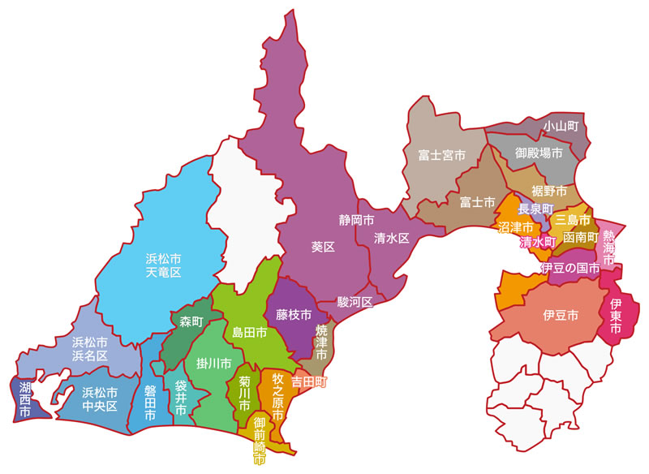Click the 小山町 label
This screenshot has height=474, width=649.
pos(561,126)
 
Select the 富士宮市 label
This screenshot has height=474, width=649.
pos(441,154)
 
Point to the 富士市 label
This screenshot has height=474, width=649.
pos(477,200)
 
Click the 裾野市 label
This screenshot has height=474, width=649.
pos(548,191)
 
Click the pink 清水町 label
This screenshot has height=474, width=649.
pos(537,242)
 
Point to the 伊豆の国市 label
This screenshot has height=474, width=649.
pos(570,268)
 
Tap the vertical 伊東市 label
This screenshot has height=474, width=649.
pos(615,317)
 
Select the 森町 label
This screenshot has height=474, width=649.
pos(191,322)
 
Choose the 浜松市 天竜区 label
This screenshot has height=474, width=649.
pos(163,265)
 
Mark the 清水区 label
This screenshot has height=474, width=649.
pos(392,239)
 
